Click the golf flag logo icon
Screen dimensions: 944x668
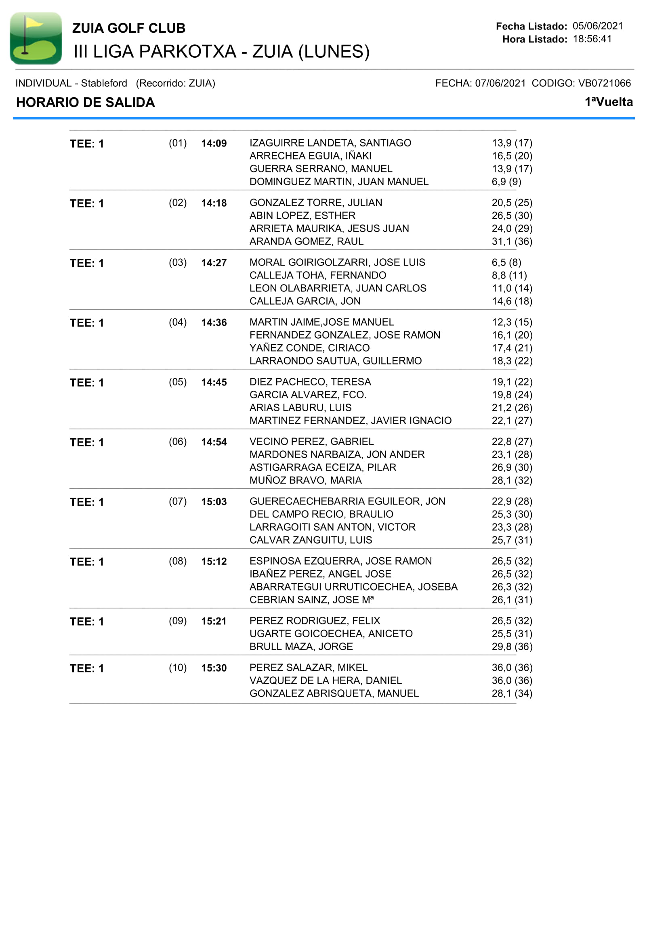pos(36,38)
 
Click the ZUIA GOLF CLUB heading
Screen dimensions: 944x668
pos(129,28)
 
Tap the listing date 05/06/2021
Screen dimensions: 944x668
pos(598,26)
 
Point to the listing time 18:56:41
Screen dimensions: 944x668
pos(592,39)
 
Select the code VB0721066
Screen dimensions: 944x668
pos(604,83)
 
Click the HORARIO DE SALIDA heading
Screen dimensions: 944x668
pos(86,103)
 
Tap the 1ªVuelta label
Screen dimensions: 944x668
pos(609,102)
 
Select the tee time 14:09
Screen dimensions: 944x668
pos(214,144)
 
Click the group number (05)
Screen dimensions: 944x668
pos(178,382)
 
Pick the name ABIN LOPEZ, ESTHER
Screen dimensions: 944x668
pos(302,216)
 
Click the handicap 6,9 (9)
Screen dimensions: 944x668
pos(506,182)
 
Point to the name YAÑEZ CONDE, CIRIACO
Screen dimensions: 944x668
pos(309,348)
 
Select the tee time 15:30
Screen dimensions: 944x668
pos(214,668)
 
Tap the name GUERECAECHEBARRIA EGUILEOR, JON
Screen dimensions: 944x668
pos(347,501)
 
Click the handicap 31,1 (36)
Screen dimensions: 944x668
pos(512,241)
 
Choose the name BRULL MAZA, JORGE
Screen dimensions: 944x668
pos(301,647)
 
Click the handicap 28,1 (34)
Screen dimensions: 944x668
pos(512,694)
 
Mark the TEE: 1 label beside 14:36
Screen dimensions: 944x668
pos(87,323)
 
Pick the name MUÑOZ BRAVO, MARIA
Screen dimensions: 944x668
pos(306,480)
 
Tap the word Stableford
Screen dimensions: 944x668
pos(104,83)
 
